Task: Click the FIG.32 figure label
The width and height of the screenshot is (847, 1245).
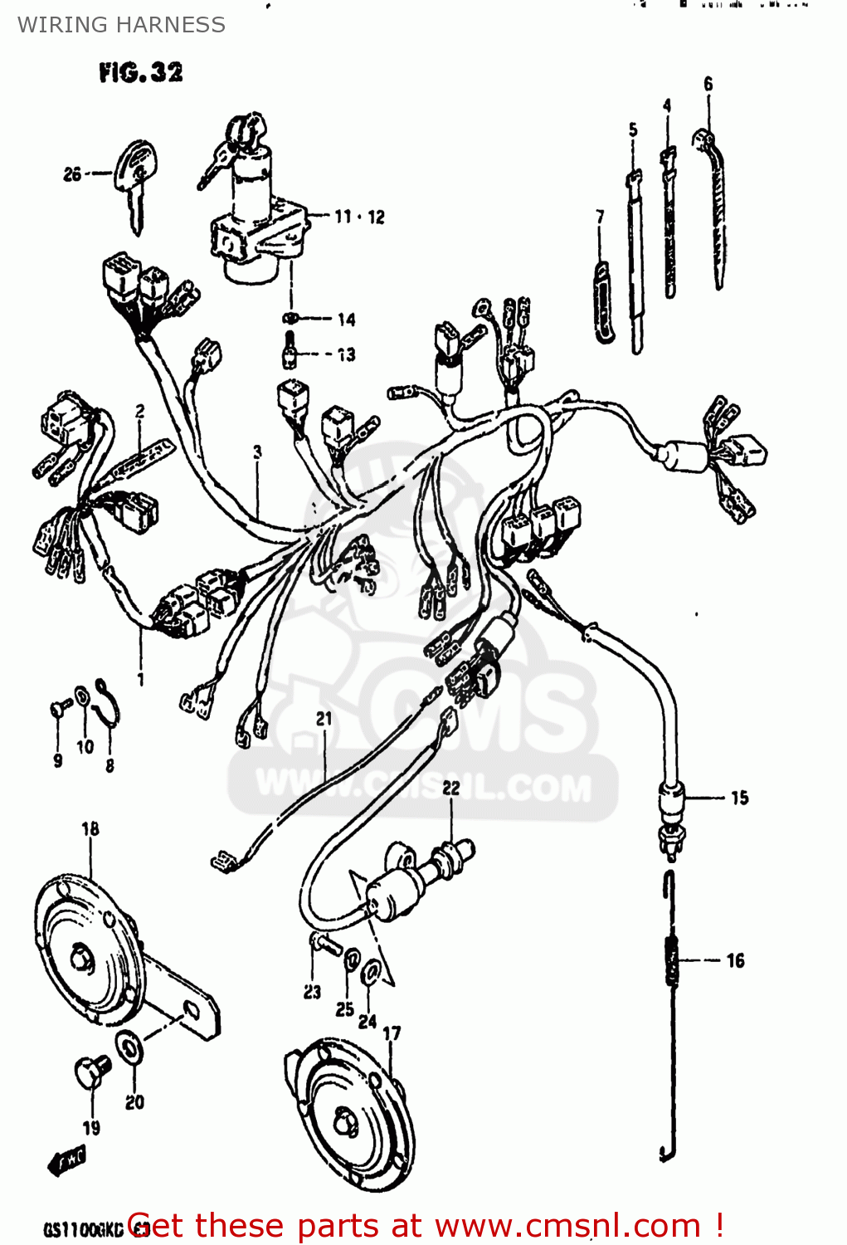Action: (x=140, y=72)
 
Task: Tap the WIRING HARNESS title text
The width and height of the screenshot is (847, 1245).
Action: (x=121, y=25)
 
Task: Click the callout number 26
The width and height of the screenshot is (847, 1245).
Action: (x=72, y=173)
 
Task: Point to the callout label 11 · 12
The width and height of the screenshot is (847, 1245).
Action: (x=359, y=217)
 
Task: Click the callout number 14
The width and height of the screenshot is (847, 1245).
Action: (x=346, y=319)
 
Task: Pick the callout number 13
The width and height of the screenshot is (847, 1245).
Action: (x=346, y=354)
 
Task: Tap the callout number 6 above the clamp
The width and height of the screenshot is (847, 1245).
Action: (x=708, y=84)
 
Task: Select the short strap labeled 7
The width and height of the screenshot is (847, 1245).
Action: (x=603, y=302)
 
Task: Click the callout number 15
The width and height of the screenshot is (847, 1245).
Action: (x=739, y=798)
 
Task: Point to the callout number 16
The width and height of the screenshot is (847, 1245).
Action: (x=735, y=960)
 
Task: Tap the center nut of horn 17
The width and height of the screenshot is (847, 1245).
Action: (x=342, y=1122)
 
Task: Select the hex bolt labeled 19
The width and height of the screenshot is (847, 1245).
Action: (x=90, y=1072)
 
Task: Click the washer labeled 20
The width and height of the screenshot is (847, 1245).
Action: (x=129, y=1048)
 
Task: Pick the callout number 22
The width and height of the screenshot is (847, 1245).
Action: (x=450, y=788)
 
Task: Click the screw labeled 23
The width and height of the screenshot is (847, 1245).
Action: (x=324, y=943)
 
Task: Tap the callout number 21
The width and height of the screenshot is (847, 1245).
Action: (x=324, y=719)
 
